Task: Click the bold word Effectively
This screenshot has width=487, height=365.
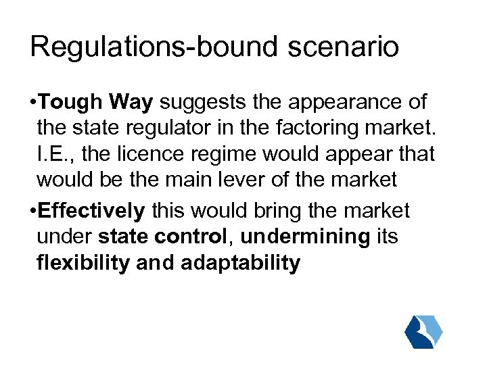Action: pyautogui.click(x=92, y=211)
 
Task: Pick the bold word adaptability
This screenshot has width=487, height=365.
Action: pyautogui.click(x=240, y=263)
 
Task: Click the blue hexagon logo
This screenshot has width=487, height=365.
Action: pyautogui.click(x=423, y=331)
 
